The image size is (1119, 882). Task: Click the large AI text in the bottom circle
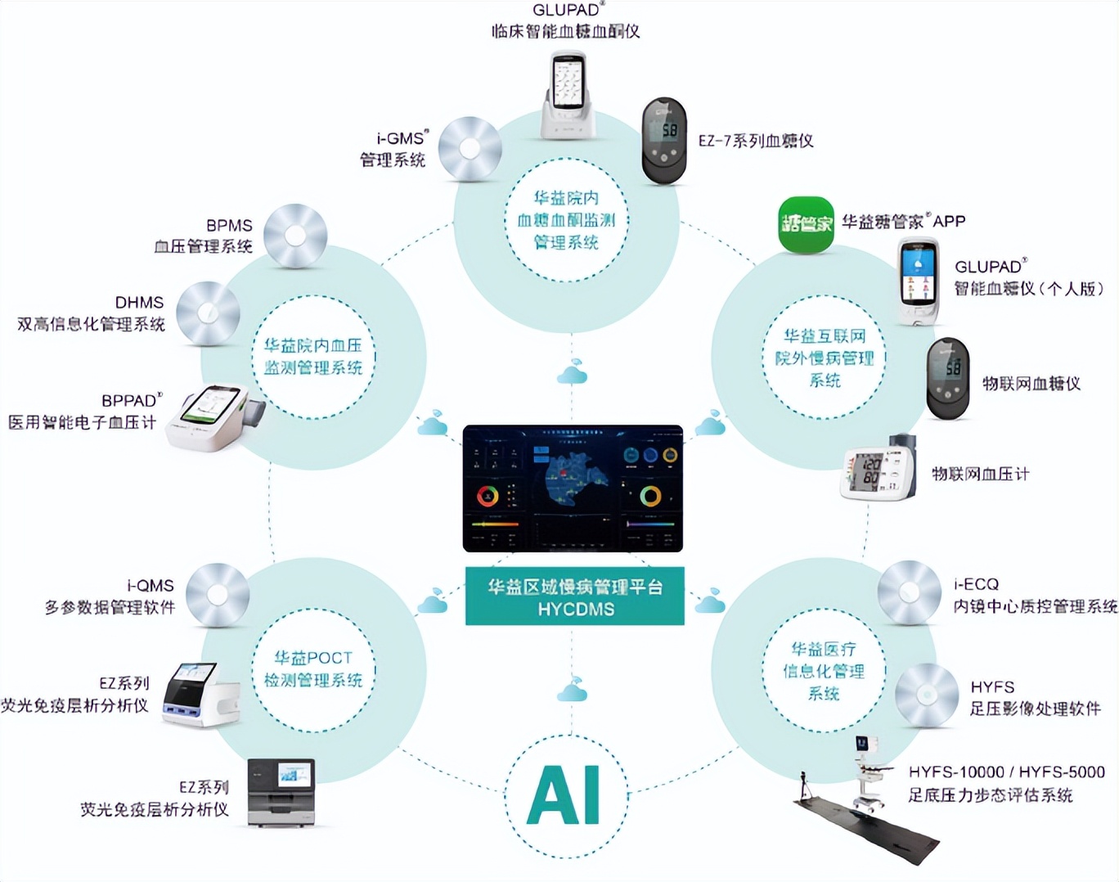tap(564, 795)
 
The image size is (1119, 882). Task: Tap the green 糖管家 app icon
tap(805, 224)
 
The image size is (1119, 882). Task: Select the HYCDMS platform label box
tap(575, 597)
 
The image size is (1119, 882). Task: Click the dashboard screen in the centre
tap(573, 488)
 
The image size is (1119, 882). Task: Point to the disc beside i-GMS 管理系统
tap(470, 149)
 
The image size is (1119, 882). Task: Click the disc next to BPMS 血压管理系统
tap(295, 236)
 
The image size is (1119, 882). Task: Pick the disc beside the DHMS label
tap(208, 313)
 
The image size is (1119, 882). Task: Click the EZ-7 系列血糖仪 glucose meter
tap(663, 142)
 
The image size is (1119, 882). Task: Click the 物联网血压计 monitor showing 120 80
tap(879, 469)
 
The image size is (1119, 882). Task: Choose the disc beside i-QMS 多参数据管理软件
tap(218, 595)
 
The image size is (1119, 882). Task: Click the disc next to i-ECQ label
tap(909, 592)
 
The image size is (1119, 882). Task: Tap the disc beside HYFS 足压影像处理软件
tap(926, 695)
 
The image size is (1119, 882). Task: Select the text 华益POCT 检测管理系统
tap(313, 669)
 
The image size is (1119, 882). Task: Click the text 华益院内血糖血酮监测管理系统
tap(566, 220)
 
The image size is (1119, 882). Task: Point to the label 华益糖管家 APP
tap(903, 222)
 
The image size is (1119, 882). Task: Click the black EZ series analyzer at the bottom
tap(281, 793)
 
